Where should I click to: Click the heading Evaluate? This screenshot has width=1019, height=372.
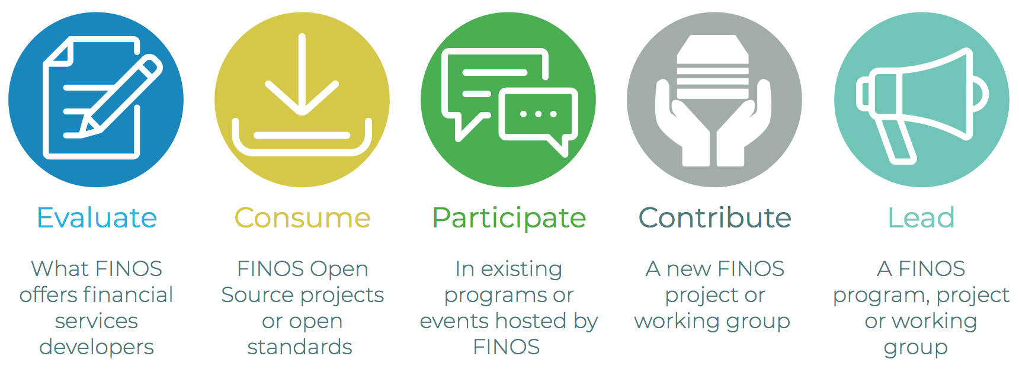pos(97,218)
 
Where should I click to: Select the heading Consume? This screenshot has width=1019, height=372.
pos(302,218)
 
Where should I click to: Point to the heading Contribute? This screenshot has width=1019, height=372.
pos(714,218)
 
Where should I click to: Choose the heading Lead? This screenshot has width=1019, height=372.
pos(921,218)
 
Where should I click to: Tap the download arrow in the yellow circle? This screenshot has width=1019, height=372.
pos(302,77)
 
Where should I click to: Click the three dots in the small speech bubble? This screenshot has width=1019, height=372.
pos(538,114)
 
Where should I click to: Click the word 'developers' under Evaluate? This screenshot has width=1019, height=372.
pos(97,347)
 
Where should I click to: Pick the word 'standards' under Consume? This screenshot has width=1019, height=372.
pos(300,347)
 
